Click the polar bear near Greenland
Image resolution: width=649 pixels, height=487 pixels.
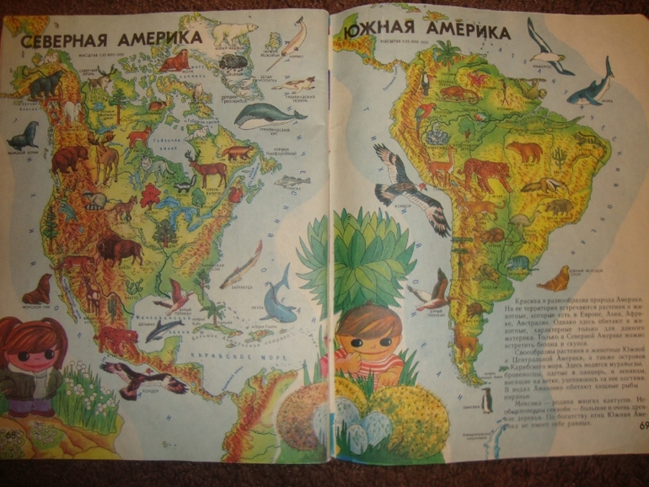(233, 34)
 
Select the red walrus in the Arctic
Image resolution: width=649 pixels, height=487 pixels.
(175, 60)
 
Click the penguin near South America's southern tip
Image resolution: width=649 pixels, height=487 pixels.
(486, 399)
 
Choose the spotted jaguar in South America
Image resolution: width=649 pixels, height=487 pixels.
(487, 174)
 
